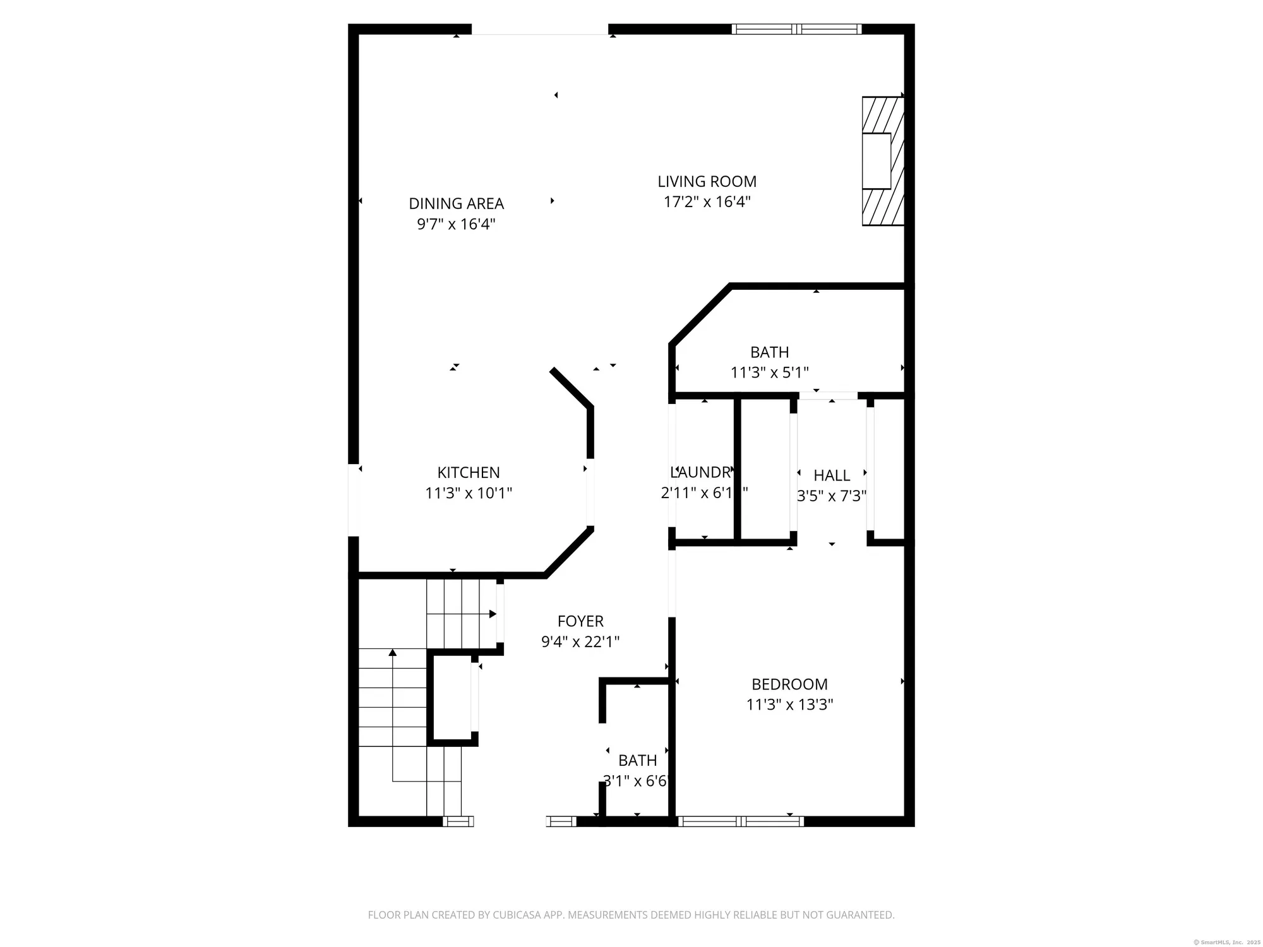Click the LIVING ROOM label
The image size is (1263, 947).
click(x=707, y=182)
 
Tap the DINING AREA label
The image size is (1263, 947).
click(x=456, y=204)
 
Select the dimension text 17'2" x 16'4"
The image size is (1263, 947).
click(x=707, y=202)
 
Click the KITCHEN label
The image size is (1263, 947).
click(x=469, y=473)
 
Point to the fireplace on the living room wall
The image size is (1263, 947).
click(x=883, y=161)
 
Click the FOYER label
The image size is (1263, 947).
click(x=580, y=621)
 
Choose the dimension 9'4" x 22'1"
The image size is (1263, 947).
click(x=580, y=642)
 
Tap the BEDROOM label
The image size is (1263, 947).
click(x=789, y=684)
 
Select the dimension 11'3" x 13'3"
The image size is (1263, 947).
click(x=789, y=705)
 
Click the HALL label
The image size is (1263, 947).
click(x=832, y=475)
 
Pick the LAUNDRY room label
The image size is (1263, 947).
click(x=701, y=472)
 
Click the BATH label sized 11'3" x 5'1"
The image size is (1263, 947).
click(x=769, y=352)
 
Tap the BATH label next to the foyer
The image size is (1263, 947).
click(x=637, y=761)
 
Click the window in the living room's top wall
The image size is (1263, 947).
click(x=796, y=29)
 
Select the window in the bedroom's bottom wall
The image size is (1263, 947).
click(x=740, y=821)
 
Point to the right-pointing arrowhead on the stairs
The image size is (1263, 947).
click(x=493, y=614)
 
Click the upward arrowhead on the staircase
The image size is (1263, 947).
click(x=393, y=652)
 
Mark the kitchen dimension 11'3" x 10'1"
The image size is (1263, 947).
click(x=469, y=493)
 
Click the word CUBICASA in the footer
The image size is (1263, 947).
click(x=519, y=915)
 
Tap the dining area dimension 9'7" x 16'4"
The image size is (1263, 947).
click(x=456, y=224)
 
